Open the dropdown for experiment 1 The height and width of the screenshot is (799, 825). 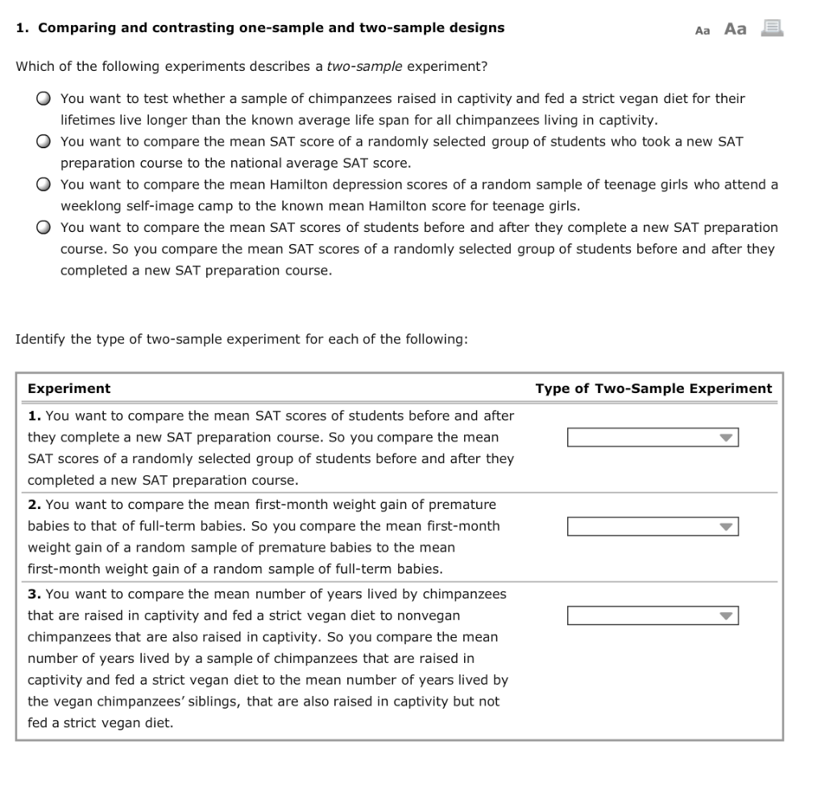point(653,437)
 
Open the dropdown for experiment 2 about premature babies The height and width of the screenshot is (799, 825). point(653,527)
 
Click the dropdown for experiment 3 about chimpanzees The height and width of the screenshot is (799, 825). point(653,616)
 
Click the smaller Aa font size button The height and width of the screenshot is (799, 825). point(703,31)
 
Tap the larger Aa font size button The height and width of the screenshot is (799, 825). point(735,29)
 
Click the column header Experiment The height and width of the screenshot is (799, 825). point(69,388)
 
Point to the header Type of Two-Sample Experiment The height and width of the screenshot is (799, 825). point(653,388)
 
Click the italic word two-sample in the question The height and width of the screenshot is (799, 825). point(365,65)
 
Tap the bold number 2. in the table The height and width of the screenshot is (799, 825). point(35,504)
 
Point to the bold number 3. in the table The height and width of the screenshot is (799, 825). point(35,594)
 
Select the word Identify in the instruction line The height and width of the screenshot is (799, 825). point(40,339)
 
